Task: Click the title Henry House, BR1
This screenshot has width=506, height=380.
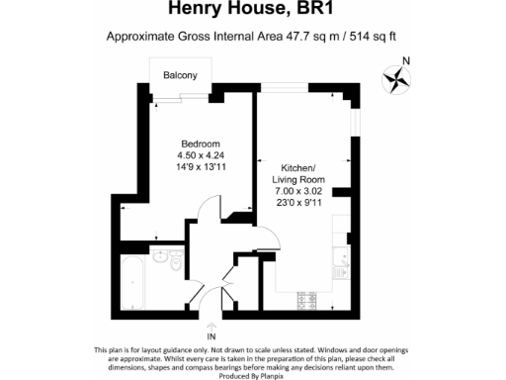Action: point(252,11)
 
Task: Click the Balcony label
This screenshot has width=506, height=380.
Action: point(179,76)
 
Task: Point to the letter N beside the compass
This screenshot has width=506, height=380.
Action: point(419,61)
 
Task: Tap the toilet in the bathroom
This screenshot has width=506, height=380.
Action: point(174,264)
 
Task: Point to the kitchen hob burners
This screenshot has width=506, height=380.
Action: point(308,298)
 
